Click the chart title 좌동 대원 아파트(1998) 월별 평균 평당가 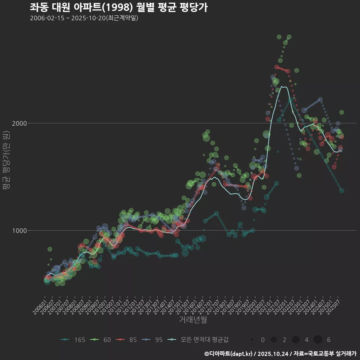coord(118,7)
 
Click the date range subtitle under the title coord(84,18)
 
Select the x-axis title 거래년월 coord(193,319)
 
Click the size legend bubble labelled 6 coord(318,340)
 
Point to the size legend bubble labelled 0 coord(252,340)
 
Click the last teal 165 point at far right coord(342,190)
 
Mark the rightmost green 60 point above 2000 coord(342,112)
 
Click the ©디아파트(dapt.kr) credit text coord(229,354)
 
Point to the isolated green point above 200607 coord(50,249)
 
